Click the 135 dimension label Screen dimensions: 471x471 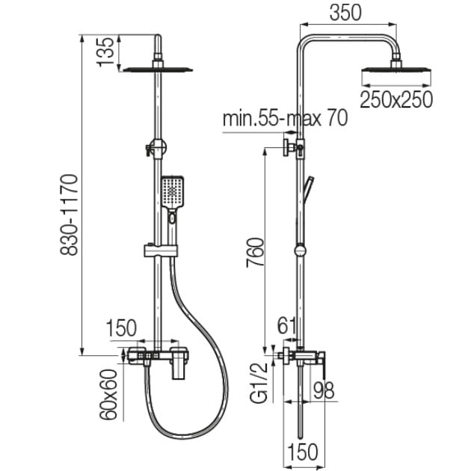(105, 52)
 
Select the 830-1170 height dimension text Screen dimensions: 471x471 (69, 215)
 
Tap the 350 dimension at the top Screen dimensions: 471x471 (345, 13)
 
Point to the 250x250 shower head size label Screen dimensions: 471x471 (396, 99)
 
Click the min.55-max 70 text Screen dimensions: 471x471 (285, 118)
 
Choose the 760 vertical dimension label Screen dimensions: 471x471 (255, 252)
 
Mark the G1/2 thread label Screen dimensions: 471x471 (259, 382)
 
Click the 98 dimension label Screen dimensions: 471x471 (324, 390)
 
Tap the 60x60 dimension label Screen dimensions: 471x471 (108, 395)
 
